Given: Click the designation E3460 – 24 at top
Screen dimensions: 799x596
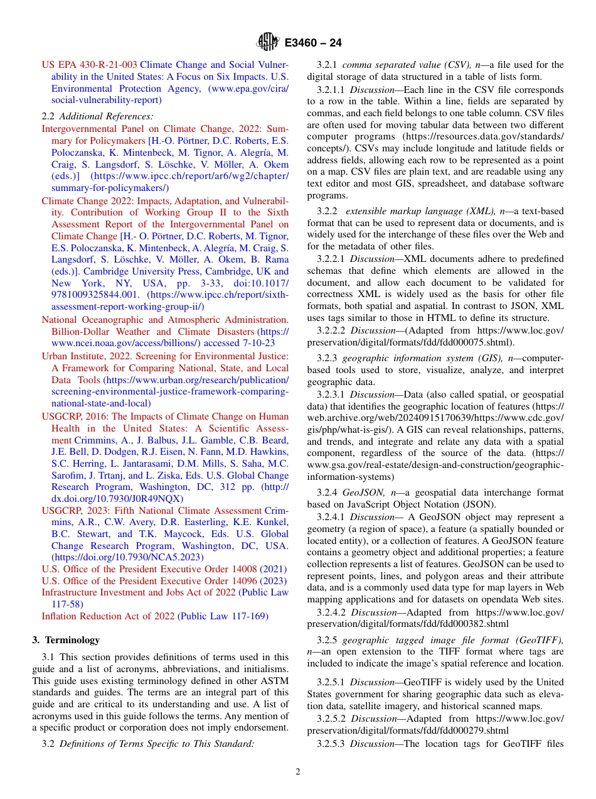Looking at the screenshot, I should coord(312,43).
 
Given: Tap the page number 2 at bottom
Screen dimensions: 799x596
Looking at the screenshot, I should coord(298,772).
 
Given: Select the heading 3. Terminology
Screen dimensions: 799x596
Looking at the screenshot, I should coord(66,640).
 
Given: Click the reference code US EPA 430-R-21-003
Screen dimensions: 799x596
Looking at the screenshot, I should coord(89,65).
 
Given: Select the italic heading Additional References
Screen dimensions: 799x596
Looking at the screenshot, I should coord(106,116).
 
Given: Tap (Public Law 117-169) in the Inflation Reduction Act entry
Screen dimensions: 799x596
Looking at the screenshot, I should coord(223,616).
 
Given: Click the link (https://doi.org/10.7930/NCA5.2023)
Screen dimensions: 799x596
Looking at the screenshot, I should coord(127,557).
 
